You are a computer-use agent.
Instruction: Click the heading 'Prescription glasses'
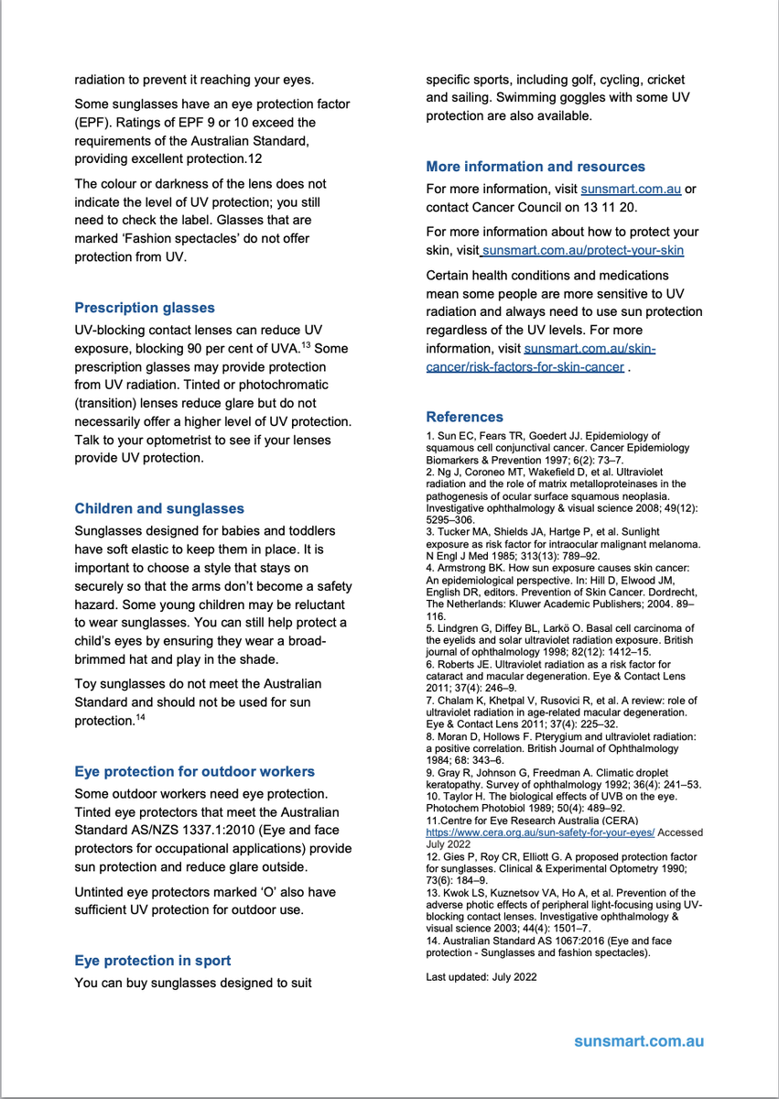(x=145, y=308)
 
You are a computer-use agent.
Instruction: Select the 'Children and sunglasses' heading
(x=159, y=508)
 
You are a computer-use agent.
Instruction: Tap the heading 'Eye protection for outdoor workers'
(x=194, y=771)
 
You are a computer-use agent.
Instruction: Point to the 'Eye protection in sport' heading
(x=152, y=961)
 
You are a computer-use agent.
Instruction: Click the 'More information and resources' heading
(x=536, y=167)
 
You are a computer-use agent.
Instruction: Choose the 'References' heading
(x=464, y=417)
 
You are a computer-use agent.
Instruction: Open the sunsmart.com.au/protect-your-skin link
(x=583, y=250)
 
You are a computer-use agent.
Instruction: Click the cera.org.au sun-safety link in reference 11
(x=540, y=833)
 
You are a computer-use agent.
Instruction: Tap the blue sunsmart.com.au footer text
(x=639, y=1042)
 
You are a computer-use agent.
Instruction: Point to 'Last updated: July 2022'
(x=481, y=977)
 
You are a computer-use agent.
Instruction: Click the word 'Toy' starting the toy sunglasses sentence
(x=86, y=684)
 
